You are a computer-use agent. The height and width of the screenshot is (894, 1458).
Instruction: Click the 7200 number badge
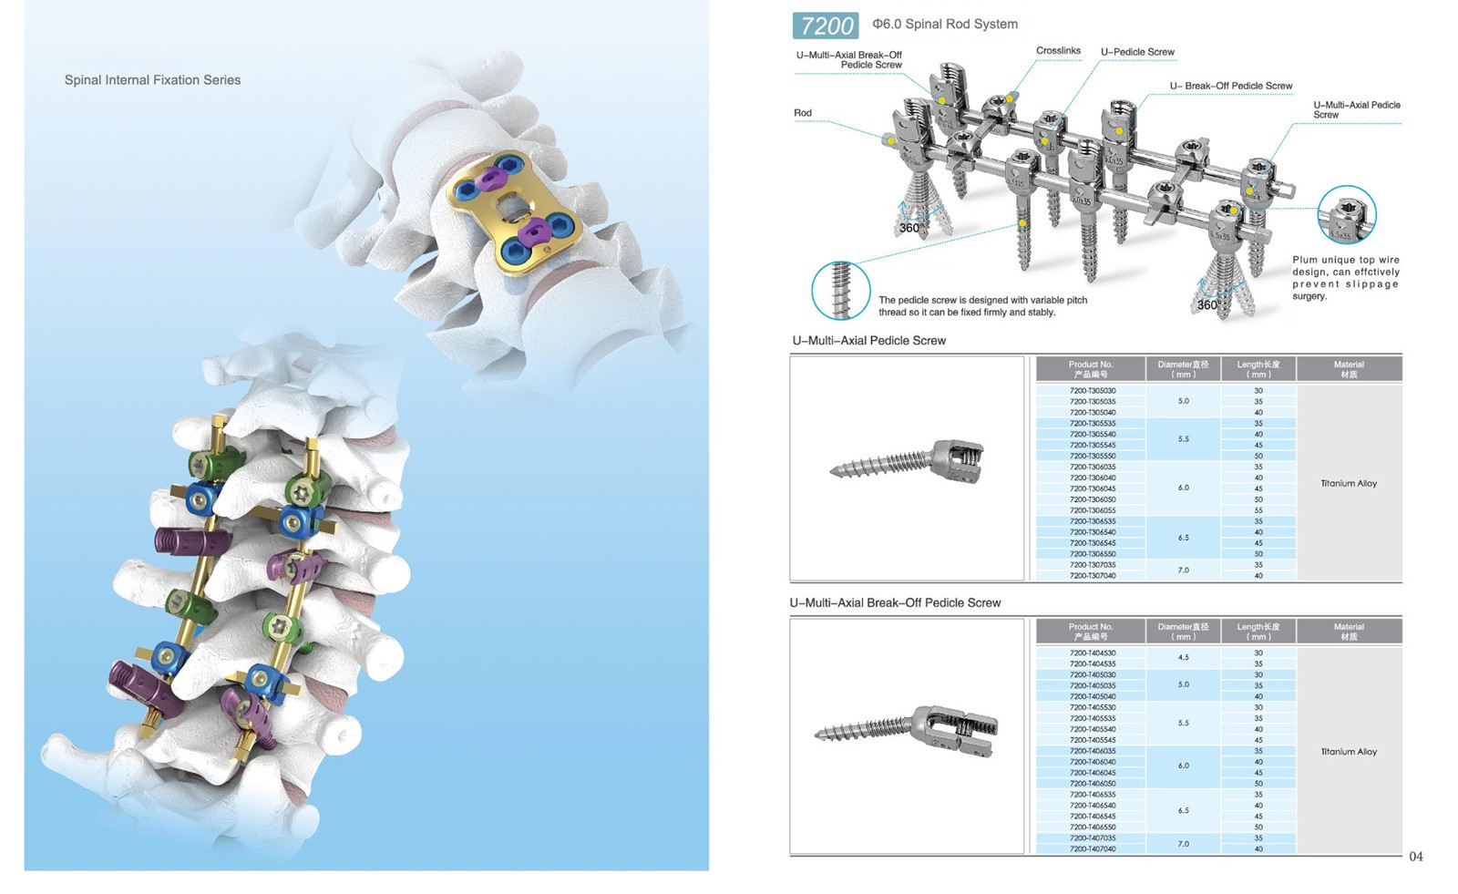coord(826,26)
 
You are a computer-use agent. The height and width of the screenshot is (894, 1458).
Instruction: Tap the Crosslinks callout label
coord(1058,51)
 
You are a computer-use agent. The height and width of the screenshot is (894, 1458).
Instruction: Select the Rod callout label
coord(802,113)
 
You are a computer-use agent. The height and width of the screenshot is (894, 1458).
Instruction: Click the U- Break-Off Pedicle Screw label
coord(1230,86)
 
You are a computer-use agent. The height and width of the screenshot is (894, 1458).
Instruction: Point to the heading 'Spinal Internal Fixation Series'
coord(152,80)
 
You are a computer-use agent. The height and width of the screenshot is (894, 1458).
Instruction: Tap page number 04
coord(1415,857)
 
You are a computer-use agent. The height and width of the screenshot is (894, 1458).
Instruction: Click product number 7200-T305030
coord(1092,391)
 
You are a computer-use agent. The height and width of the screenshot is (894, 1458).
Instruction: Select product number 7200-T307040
coord(1092,576)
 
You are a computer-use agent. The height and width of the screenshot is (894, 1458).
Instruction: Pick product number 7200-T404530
coord(1092,653)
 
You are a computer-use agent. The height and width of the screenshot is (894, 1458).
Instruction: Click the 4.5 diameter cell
coord(1183,658)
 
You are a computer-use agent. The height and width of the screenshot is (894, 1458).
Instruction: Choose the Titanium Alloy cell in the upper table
coord(1349,484)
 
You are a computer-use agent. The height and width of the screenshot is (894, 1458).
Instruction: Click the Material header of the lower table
coord(1349,632)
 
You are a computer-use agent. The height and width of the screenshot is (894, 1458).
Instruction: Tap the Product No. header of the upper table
coord(1091,369)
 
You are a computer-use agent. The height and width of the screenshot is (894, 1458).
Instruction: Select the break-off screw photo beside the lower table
coord(908,732)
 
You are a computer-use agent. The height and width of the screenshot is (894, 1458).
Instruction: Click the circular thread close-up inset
coord(840,290)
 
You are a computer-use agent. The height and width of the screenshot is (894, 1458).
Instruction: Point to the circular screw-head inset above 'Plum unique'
coord(1346,215)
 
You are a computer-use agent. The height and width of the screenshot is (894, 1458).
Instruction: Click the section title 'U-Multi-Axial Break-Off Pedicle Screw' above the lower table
coord(895,603)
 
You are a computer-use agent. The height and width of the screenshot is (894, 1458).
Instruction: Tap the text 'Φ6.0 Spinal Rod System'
coord(945,25)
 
